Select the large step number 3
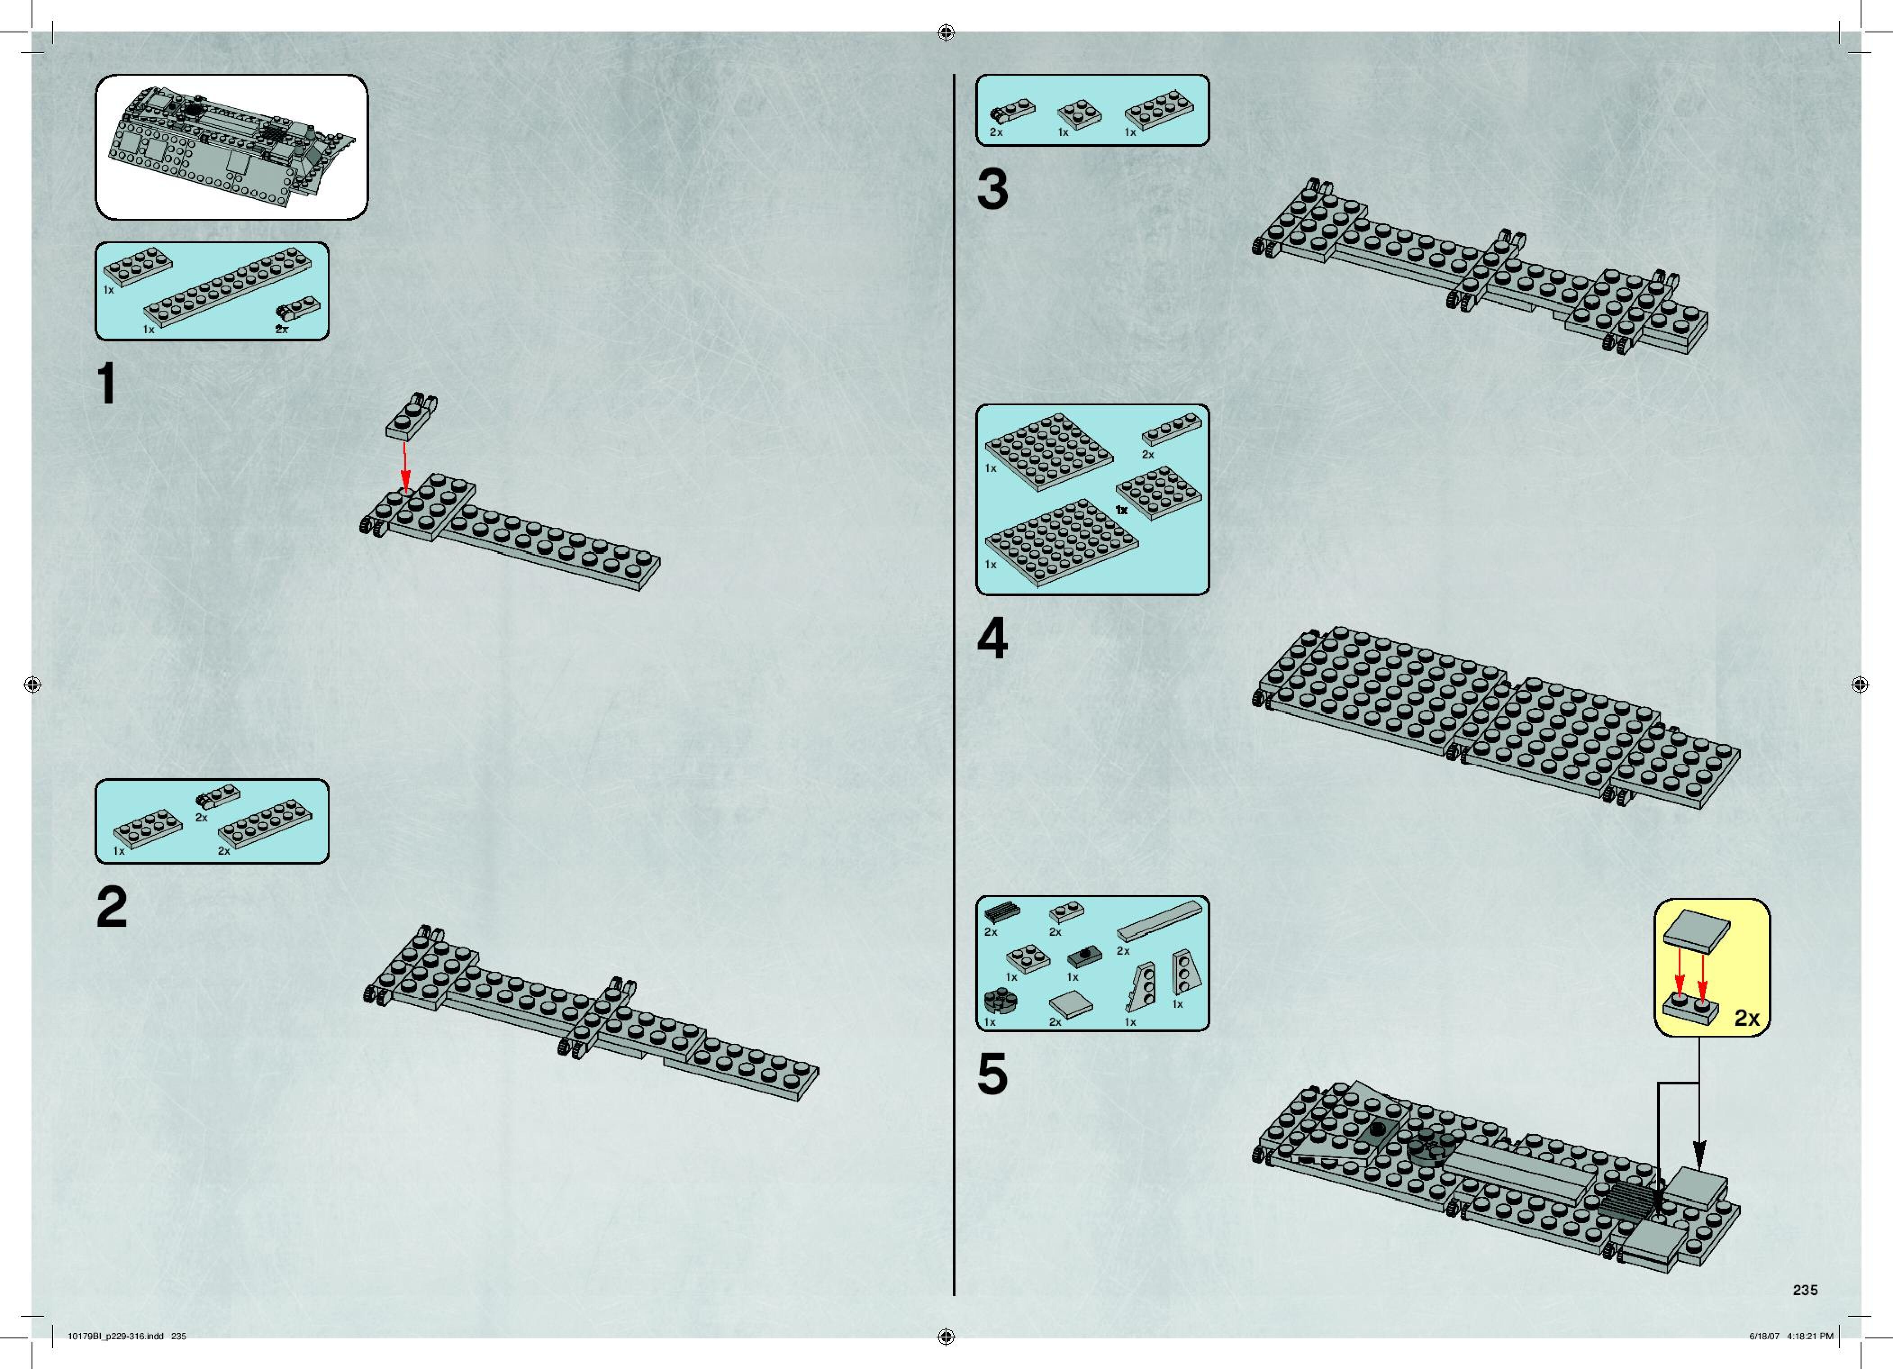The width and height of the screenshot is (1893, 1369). click(x=992, y=190)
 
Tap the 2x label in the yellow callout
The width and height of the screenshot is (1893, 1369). click(x=1746, y=1018)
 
